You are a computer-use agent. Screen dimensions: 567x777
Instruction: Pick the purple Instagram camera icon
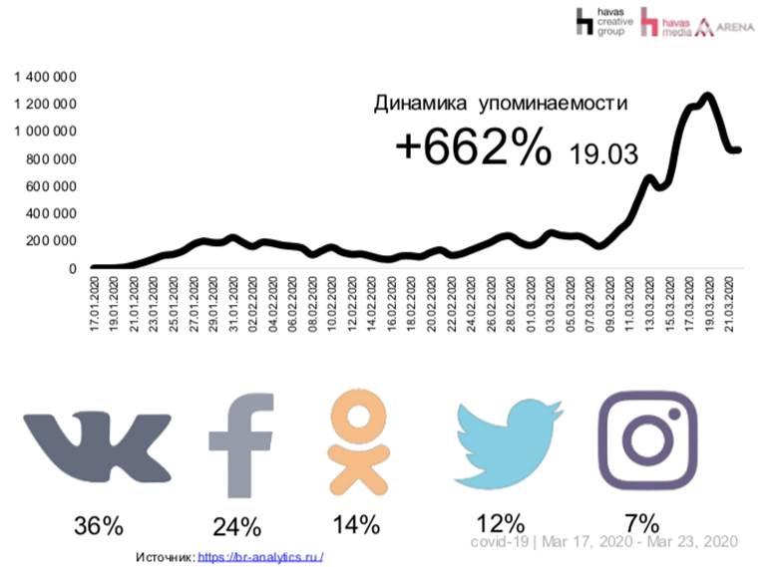click(x=646, y=442)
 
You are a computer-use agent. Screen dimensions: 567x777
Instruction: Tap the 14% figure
click(x=355, y=522)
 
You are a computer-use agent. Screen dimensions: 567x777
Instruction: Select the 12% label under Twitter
click(x=499, y=522)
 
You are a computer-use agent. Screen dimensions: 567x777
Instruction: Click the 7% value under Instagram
click(x=643, y=521)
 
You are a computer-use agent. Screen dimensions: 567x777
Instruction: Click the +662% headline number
click(x=473, y=149)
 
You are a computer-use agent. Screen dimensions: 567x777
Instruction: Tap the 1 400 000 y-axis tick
click(x=45, y=76)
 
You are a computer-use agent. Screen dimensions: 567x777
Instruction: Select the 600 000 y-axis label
click(x=50, y=185)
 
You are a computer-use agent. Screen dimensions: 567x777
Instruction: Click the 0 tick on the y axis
click(x=72, y=268)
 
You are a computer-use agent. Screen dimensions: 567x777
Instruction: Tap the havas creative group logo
click(x=597, y=21)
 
